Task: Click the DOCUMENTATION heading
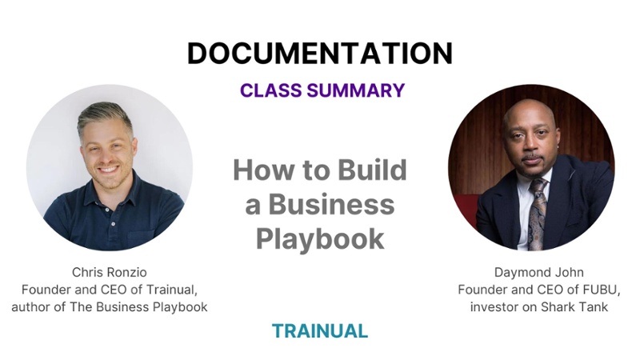(x=319, y=53)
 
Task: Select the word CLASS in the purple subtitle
(x=272, y=90)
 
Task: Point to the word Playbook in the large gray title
(x=320, y=238)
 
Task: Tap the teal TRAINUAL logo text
(x=320, y=330)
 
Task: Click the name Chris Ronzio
(x=110, y=273)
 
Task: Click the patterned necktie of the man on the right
(x=538, y=209)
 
